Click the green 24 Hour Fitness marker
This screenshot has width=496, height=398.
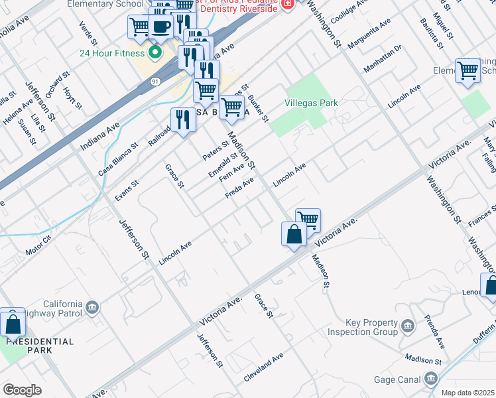coord(156,52)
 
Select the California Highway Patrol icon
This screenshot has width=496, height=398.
coord(92,306)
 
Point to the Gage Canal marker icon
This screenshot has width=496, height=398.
coord(432,379)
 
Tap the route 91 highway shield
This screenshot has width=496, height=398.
coord(155,81)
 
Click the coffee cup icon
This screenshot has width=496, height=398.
coord(160,27)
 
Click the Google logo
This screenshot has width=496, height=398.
coord(22,390)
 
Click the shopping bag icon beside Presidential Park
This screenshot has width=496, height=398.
coord(13,324)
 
